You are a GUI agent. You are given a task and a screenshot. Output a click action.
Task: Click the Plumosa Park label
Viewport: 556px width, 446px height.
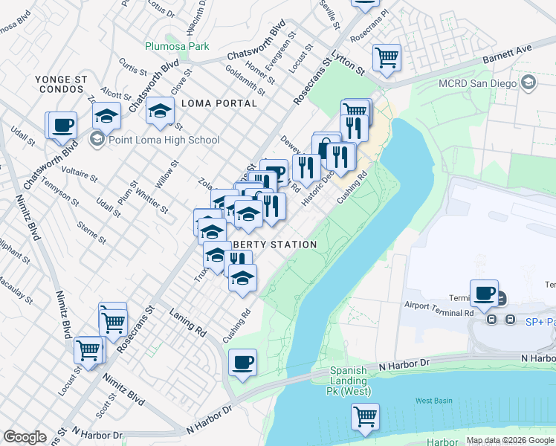[178, 46]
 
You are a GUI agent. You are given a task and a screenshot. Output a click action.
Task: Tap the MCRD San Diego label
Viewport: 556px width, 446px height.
[477, 83]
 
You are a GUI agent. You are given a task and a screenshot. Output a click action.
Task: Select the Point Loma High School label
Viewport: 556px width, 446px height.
[164, 140]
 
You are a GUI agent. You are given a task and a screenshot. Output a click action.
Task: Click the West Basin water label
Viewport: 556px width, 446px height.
[433, 401]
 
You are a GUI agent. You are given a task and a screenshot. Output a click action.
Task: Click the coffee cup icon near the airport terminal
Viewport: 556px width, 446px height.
[485, 292]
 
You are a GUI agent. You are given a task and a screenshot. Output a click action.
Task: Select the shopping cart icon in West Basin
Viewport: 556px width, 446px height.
[365, 416]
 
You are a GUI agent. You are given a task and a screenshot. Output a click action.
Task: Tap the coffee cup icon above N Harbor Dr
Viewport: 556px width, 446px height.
[242, 362]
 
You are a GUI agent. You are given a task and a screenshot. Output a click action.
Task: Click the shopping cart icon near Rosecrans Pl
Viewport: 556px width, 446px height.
[387, 56]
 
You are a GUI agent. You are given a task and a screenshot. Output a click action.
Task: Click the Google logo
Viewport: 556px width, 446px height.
[25, 437]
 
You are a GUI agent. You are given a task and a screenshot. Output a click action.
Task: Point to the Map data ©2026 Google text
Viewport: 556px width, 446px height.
[509, 440]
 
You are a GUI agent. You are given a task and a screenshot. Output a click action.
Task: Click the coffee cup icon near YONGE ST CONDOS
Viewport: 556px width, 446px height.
[63, 124]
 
